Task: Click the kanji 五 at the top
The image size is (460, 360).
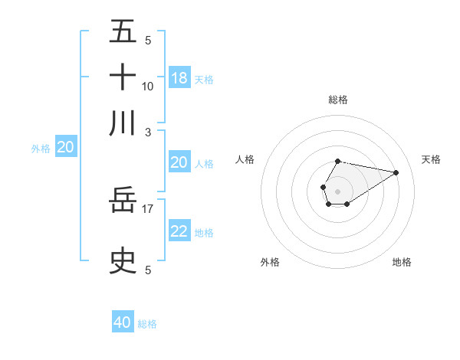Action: (123, 33)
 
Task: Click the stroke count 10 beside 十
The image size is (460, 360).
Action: (148, 87)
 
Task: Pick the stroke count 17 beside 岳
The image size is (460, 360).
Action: (148, 208)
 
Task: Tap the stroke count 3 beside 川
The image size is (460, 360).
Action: (148, 131)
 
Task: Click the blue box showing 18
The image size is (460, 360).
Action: (179, 78)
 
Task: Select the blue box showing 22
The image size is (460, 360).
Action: (179, 231)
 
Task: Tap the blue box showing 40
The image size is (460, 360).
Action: (123, 322)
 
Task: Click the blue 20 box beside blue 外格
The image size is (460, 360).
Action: (65, 147)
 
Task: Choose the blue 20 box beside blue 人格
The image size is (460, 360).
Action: (179, 162)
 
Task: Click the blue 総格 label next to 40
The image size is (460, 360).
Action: (147, 324)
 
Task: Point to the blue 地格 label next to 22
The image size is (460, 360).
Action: (204, 233)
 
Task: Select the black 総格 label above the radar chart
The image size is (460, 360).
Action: (337, 100)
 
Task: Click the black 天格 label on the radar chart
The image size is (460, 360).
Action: (431, 159)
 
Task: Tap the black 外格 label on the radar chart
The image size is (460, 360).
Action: (269, 262)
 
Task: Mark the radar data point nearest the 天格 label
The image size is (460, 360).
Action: (396, 173)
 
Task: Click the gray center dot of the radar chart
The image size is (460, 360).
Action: (337, 191)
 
